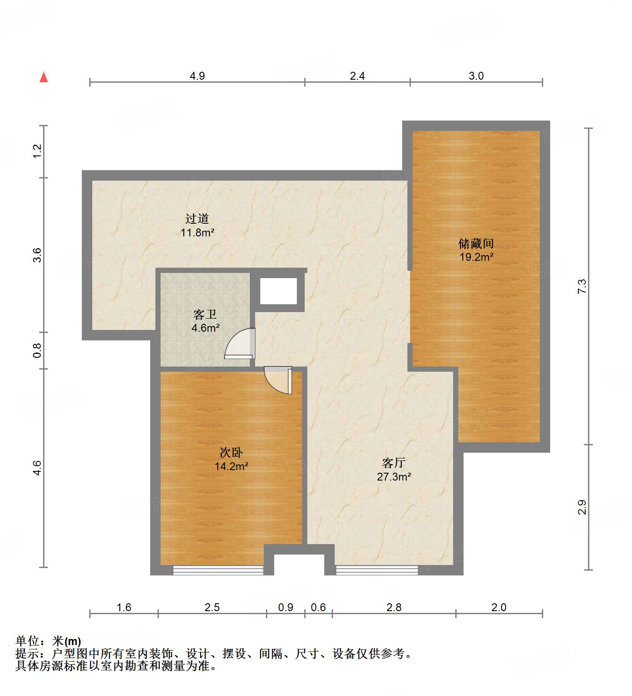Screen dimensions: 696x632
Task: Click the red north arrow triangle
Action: tap(44, 77)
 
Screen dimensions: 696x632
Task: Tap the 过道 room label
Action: tap(197, 219)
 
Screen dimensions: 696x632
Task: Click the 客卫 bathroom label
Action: tap(205, 314)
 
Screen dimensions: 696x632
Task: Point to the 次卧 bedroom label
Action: tap(231, 453)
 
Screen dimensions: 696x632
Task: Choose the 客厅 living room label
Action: tap(393, 463)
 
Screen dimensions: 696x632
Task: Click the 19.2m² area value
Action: tap(476, 257)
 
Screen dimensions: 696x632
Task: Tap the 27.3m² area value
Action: tap(394, 477)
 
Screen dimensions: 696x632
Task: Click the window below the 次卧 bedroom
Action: tap(218, 570)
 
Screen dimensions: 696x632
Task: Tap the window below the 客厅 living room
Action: tap(377, 570)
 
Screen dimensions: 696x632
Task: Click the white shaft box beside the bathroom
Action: tap(279, 291)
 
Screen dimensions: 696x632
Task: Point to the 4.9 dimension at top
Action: tap(197, 76)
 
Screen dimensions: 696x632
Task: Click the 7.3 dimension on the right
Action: tap(582, 286)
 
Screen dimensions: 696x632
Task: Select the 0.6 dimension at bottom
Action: tap(318, 607)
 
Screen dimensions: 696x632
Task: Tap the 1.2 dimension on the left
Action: tap(37, 151)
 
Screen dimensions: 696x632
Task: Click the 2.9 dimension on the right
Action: tap(582, 507)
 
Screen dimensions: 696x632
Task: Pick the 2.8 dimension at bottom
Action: tap(394, 607)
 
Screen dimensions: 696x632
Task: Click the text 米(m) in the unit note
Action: tap(67, 641)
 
